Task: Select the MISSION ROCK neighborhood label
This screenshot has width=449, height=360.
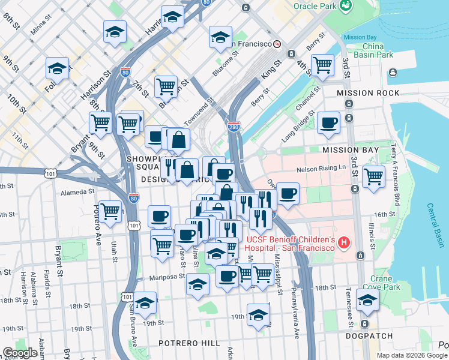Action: (x=367, y=93)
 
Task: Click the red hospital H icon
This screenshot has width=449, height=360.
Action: (x=343, y=243)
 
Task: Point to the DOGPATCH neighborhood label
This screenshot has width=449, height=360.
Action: (x=369, y=336)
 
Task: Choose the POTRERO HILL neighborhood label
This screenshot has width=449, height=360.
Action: (x=189, y=343)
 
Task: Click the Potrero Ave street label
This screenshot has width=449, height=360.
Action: (x=97, y=218)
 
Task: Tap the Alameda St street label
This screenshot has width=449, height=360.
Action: (x=78, y=193)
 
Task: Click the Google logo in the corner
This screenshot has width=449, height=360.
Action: (x=20, y=353)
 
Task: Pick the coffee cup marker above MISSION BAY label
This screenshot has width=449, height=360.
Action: (x=328, y=122)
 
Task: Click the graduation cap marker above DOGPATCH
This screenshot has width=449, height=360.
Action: (x=367, y=301)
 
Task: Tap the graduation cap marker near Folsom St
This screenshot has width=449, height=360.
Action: (x=57, y=68)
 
